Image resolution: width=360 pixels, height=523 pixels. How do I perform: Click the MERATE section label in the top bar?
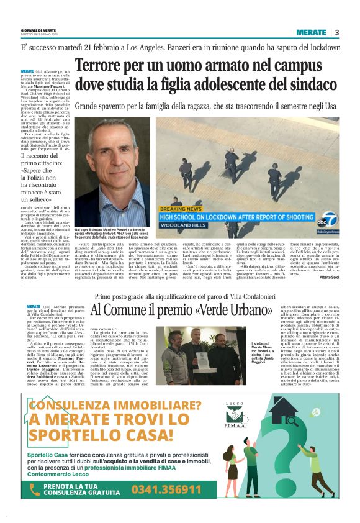[310, 32]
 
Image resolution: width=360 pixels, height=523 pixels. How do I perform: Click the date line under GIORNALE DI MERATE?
[40, 35]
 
